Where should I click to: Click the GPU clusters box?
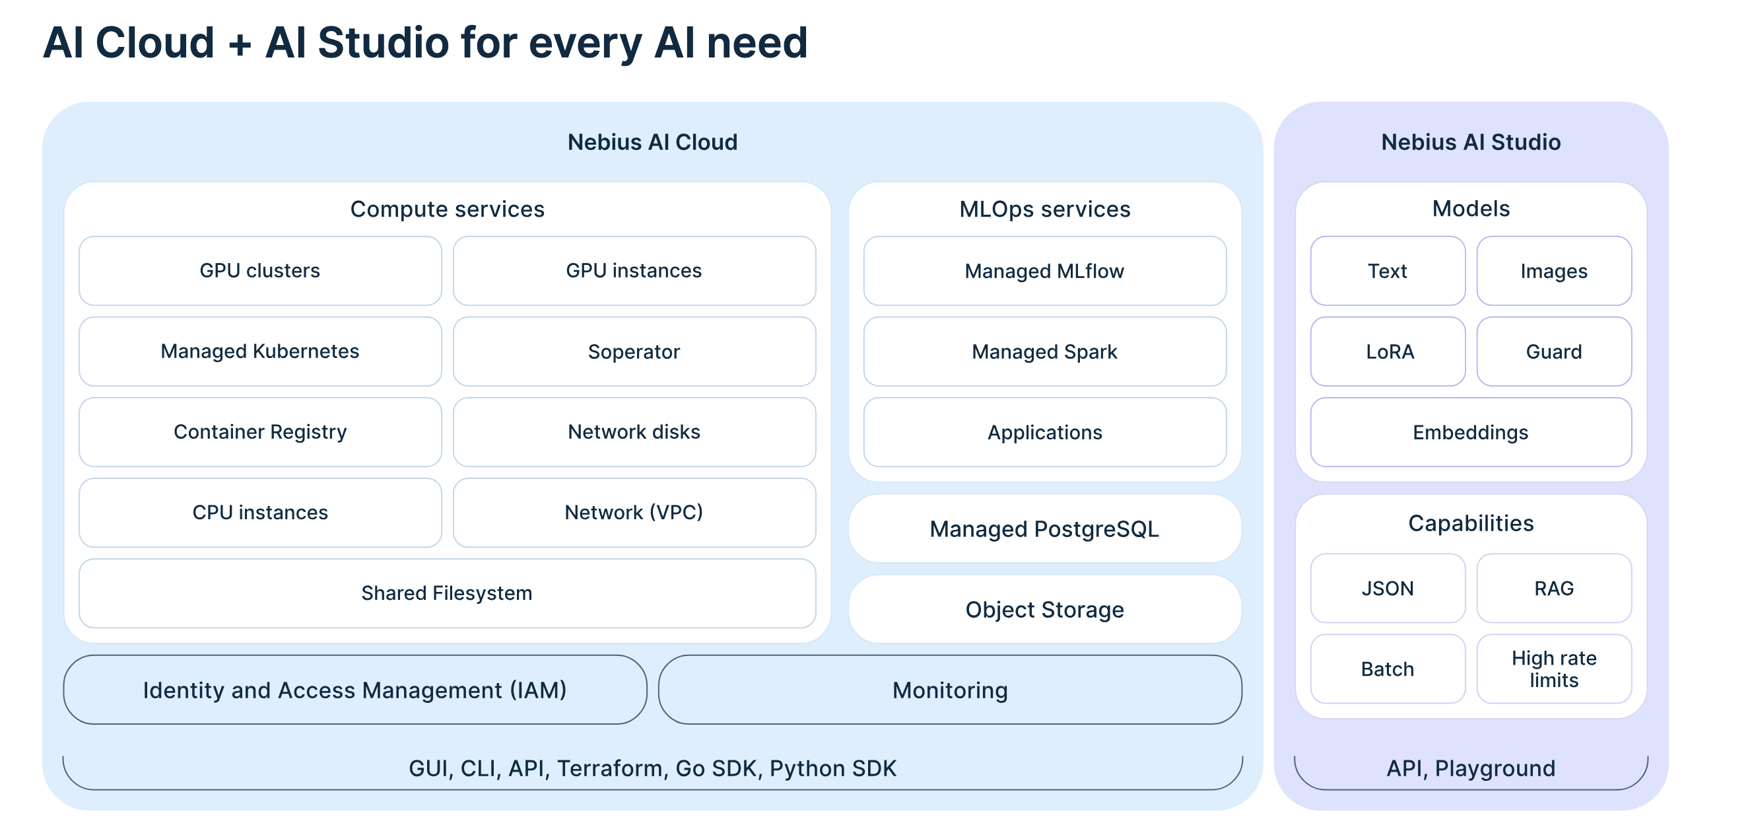tap(260, 271)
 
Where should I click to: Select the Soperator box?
tap(634, 352)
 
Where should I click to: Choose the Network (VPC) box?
tap(634, 513)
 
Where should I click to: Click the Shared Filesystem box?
tap(447, 593)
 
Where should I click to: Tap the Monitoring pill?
tap(949, 690)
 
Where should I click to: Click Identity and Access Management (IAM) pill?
tap(354, 690)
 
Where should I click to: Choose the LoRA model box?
tap(1388, 352)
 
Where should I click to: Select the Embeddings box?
tap(1470, 432)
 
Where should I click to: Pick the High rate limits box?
tap(1554, 669)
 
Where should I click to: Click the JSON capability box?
tap(1388, 588)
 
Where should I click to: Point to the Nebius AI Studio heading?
tap(1470, 142)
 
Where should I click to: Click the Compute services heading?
tap(447, 209)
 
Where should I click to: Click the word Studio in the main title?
tap(383, 43)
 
